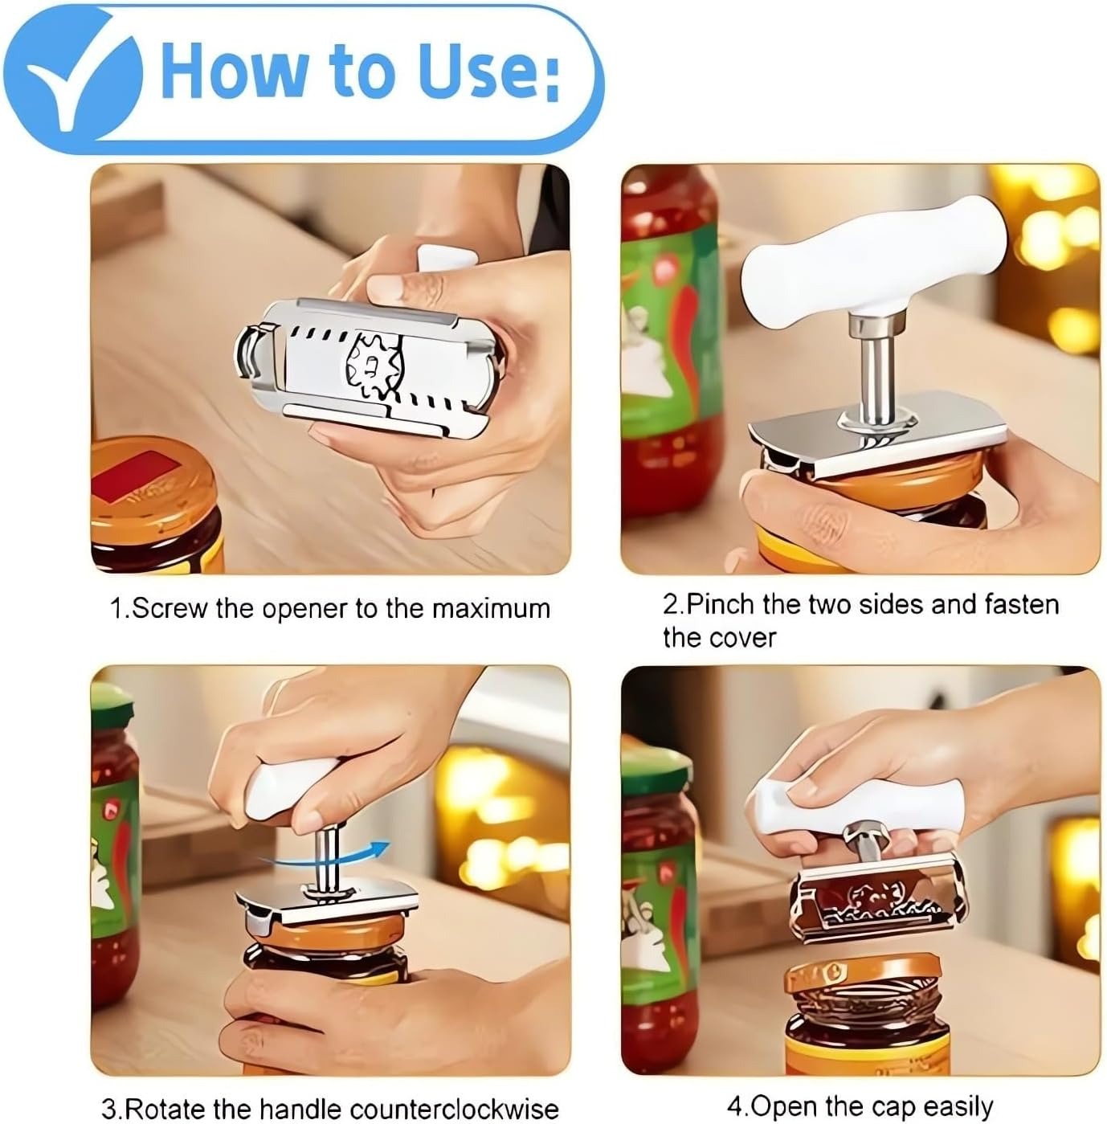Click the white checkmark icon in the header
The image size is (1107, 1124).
(x=82, y=82)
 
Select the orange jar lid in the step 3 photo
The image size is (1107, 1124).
(x=333, y=931)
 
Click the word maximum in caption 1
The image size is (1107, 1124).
(x=491, y=609)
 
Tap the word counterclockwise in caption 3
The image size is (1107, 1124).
(x=455, y=1108)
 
